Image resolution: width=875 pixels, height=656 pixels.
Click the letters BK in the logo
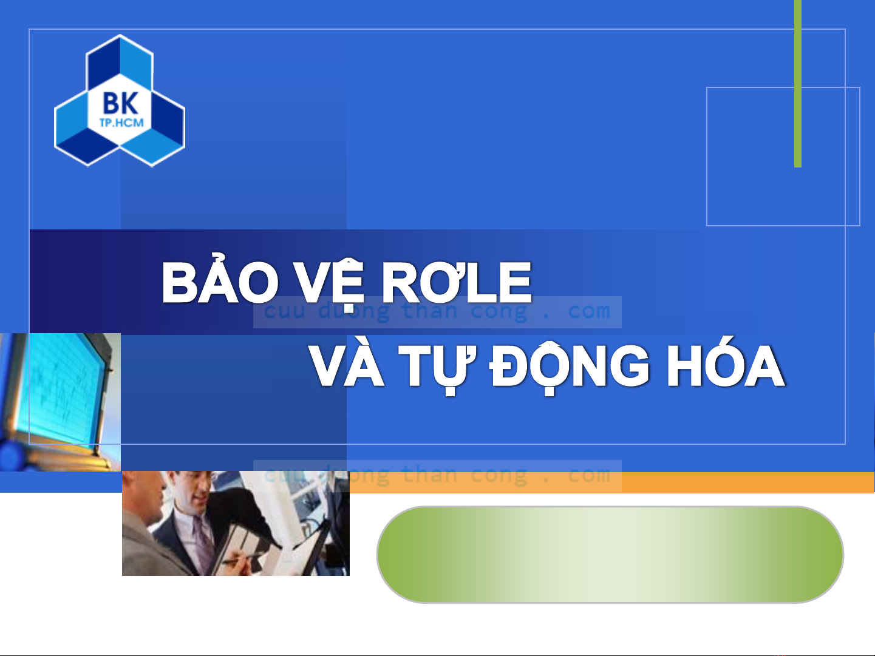(120, 103)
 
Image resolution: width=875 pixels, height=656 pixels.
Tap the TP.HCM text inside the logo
(121, 123)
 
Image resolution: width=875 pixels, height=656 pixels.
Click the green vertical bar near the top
(798, 84)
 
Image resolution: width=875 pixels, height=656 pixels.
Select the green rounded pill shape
(610, 555)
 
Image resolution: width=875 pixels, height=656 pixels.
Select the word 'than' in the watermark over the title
(429, 311)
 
